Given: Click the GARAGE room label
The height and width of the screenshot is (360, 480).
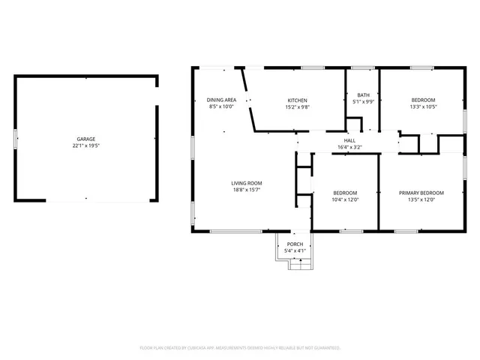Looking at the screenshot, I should (85, 139).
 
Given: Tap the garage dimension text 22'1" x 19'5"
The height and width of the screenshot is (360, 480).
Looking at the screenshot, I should (85, 145).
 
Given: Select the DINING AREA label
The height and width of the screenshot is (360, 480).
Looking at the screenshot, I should (221, 100).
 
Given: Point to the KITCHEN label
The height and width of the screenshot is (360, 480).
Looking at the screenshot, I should (298, 100).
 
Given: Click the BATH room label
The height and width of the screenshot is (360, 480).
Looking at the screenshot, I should (363, 95).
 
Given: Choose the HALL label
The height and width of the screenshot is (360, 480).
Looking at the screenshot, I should (349, 140).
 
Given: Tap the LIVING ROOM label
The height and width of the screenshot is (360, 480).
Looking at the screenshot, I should (246, 183).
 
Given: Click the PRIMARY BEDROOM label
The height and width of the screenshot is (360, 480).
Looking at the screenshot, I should (421, 193).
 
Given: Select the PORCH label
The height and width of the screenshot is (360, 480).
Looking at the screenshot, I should (295, 244).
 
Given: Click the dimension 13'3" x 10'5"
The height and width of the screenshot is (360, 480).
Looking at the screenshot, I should (422, 106).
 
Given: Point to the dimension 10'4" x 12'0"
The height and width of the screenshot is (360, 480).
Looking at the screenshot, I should (345, 199).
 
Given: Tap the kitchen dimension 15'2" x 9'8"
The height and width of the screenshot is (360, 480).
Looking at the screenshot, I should (298, 106).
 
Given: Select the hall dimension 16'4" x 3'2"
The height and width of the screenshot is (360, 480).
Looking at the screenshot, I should (349, 147).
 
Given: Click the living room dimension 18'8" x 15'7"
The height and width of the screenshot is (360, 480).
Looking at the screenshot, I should (246, 190).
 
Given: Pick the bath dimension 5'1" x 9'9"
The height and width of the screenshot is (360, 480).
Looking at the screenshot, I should (363, 101).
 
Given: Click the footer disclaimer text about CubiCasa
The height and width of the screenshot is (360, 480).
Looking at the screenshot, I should (240, 348).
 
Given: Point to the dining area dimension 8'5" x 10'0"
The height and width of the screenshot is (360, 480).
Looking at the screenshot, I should (221, 106).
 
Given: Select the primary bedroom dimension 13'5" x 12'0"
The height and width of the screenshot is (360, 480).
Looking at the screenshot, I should (421, 199).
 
